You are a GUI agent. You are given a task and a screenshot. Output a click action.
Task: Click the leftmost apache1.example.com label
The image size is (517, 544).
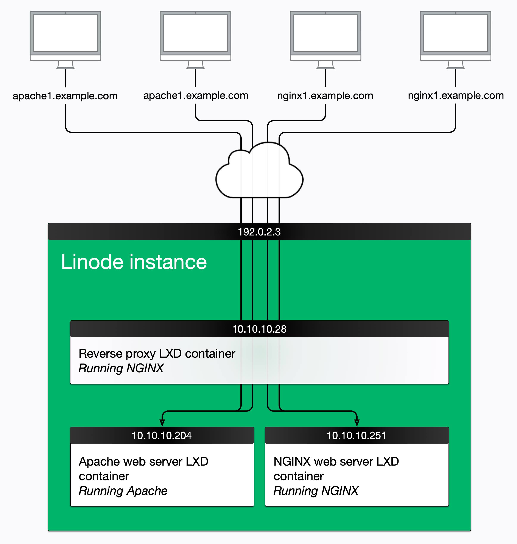[65, 96]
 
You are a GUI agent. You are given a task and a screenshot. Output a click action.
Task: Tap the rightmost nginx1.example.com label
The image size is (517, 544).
[456, 96]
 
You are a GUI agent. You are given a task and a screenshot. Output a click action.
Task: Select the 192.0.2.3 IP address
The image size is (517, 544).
[259, 232]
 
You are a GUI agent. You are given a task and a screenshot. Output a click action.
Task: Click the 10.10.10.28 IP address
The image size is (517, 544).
[259, 329]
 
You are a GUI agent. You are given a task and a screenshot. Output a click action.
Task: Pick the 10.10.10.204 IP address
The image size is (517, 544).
[162, 435]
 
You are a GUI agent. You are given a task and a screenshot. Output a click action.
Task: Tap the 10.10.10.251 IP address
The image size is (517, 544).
[356, 435]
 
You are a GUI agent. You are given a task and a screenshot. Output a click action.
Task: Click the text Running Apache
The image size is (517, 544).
[123, 491]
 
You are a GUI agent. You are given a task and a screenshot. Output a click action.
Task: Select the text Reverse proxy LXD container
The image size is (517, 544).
[157, 354]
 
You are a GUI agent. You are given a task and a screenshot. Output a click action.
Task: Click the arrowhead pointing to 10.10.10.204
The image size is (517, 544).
[162, 423]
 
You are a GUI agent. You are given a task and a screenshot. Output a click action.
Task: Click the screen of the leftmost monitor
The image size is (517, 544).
[65, 33]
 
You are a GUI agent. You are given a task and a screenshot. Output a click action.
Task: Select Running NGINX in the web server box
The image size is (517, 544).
[316, 491]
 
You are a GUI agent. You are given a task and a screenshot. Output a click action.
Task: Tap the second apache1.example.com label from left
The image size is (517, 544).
[196, 96]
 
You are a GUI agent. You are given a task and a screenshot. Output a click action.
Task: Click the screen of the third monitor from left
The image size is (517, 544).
[325, 33]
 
